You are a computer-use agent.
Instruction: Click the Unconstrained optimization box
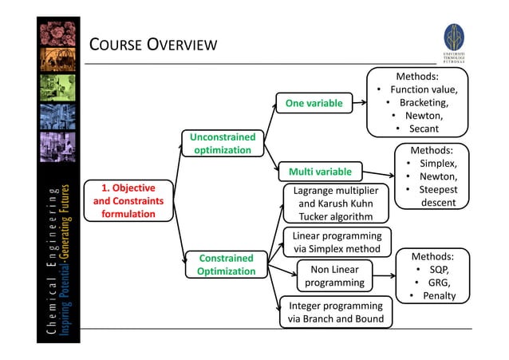(x=223, y=144)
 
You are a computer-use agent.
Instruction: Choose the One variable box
(x=314, y=103)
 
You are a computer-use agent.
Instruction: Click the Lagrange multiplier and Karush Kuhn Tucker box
(x=335, y=204)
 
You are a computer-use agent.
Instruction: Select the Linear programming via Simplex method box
(x=336, y=243)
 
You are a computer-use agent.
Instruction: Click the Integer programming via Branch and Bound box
(x=335, y=313)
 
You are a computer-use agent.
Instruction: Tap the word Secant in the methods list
(x=424, y=129)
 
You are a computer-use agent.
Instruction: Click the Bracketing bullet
(x=424, y=102)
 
